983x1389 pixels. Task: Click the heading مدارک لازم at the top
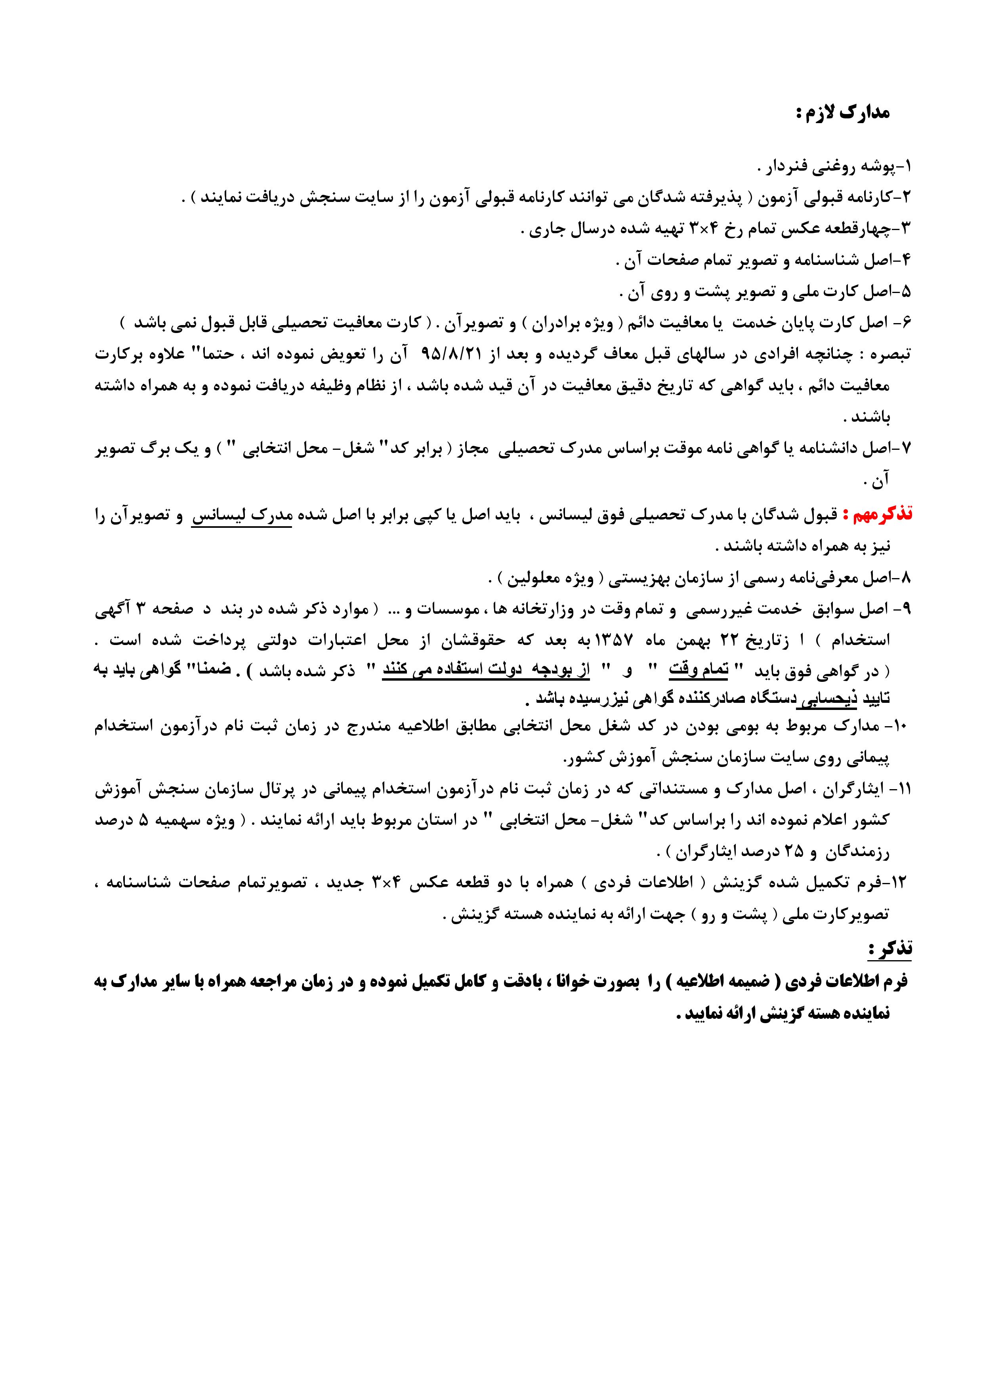(x=843, y=114)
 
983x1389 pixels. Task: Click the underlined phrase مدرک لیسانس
(x=242, y=516)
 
